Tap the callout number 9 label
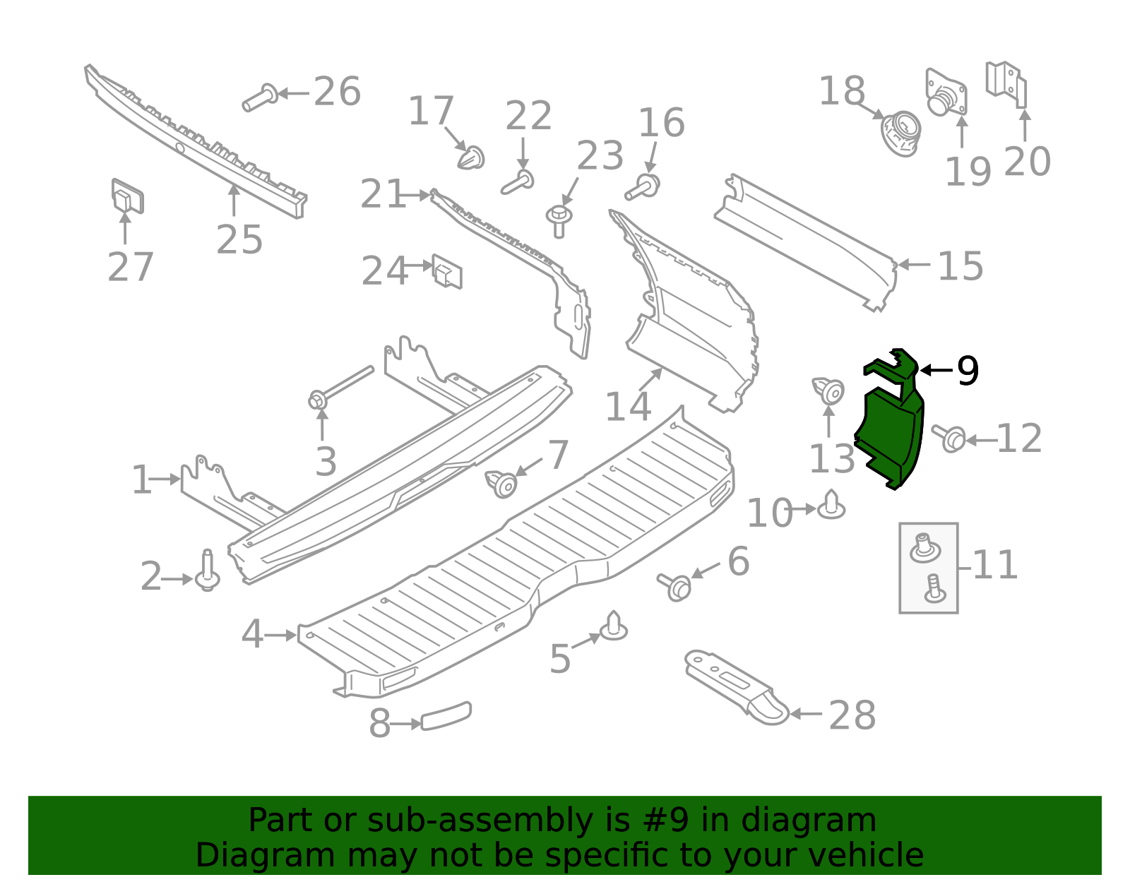pyautogui.click(x=967, y=371)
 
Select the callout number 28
pyautogui.click(x=852, y=715)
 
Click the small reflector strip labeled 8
pyautogui.click(x=446, y=716)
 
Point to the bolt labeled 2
pyautogui.click(x=207, y=572)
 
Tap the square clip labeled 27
pyautogui.click(x=127, y=196)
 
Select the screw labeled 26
pyautogui.click(x=260, y=97)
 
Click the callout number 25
pyautogui.click(x=239, y=240)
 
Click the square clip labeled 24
pyautogui.click(x=447, y=271)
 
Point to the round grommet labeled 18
pyautogui.click(x=901, y=133)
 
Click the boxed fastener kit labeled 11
pyautogui.click(x=928, y=568)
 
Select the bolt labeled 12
pyautogui.click(x=950, y=438)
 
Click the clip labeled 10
pyautogui.click(x=831, y=506)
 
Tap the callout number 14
pyautogui.click(x=628, y=407)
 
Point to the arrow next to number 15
pyautogui.click(x=914, y=265)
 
